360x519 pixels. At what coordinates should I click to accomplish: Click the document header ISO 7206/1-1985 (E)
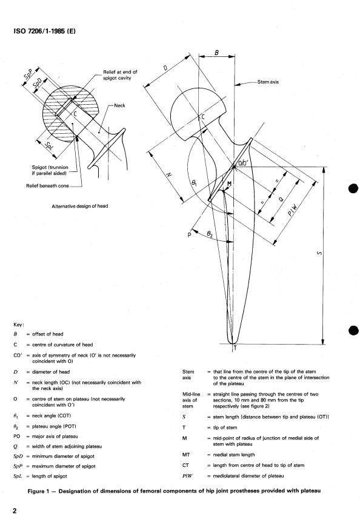pyautogui.click(x=45, y=31)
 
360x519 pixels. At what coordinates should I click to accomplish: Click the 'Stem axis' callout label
pyautogui.click(x=268, y=82)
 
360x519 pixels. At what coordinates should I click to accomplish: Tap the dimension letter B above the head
pyautogui.click(x=216, y=53)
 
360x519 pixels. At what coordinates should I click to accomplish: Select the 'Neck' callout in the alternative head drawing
pyautogui.click(x=119, y=105)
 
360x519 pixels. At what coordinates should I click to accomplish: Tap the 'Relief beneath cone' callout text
pyautogui.click(x=48, y=186)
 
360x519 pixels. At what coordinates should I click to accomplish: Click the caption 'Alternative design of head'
pyautogui.click(x=80, y=207)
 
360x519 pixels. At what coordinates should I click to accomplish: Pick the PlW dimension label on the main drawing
pyautogui.click(x=293, y=210)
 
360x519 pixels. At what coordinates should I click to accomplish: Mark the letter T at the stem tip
pyautogui.click(x=235, y=348)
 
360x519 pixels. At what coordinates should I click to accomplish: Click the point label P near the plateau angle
pyautogui.click(x=190, y=235)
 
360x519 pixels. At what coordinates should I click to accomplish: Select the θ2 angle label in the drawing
pyautogui.click(x=209, y=234)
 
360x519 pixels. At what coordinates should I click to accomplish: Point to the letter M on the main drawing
pyautogui.click(x=229, y=183)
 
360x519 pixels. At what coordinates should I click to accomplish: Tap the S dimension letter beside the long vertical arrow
pyautogui.click(x=319, y=253)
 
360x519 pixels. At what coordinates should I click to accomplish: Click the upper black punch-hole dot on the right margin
pyautogui.click(x=354, y=189)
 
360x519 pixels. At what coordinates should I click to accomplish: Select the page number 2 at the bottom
pyautogui.click(x=15, y=511)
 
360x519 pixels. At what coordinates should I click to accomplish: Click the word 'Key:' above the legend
pyautogui.click(x=19, y=325)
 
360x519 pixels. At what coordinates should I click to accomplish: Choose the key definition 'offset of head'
pyautogui.click(x=48, y=334)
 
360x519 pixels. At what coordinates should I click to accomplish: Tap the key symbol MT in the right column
pyautogui.click(x=186, y=455)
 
